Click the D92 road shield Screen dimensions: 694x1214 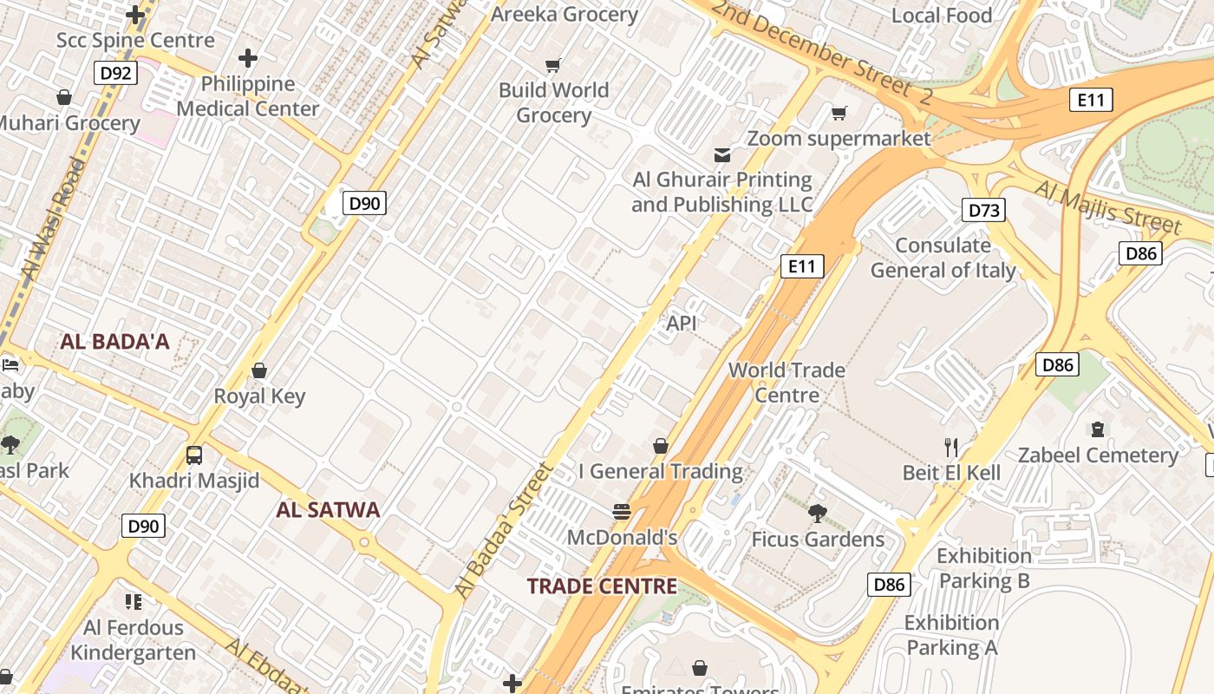click(115, 73)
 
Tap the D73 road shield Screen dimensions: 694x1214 click(984, 210)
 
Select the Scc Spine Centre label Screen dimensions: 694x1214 click(135, 41)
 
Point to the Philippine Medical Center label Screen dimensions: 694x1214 click(248, 96)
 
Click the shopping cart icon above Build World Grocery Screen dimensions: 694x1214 click(553, 65)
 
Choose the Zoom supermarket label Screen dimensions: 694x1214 click(839, 139)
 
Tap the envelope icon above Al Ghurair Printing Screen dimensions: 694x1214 click(721, 155)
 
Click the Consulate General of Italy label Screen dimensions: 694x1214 click(943, 258)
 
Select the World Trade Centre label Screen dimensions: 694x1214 click(786, 383)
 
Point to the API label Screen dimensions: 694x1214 click(682, 324)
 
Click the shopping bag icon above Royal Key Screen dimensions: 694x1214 click(258, 371)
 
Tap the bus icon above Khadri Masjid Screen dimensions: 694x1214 click(194, 455)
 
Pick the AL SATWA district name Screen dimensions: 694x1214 click(328, 510)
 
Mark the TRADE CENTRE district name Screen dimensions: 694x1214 click(602, 586)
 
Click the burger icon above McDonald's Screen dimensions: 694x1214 click(622, 512)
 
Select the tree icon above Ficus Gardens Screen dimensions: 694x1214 click(817, 514)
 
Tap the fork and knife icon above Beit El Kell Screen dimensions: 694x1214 click(951, 448)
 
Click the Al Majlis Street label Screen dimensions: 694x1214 click(1106, 208)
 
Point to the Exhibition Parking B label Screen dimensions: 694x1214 click(984, 568)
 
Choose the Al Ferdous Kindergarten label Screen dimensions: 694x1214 click(134, 639)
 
